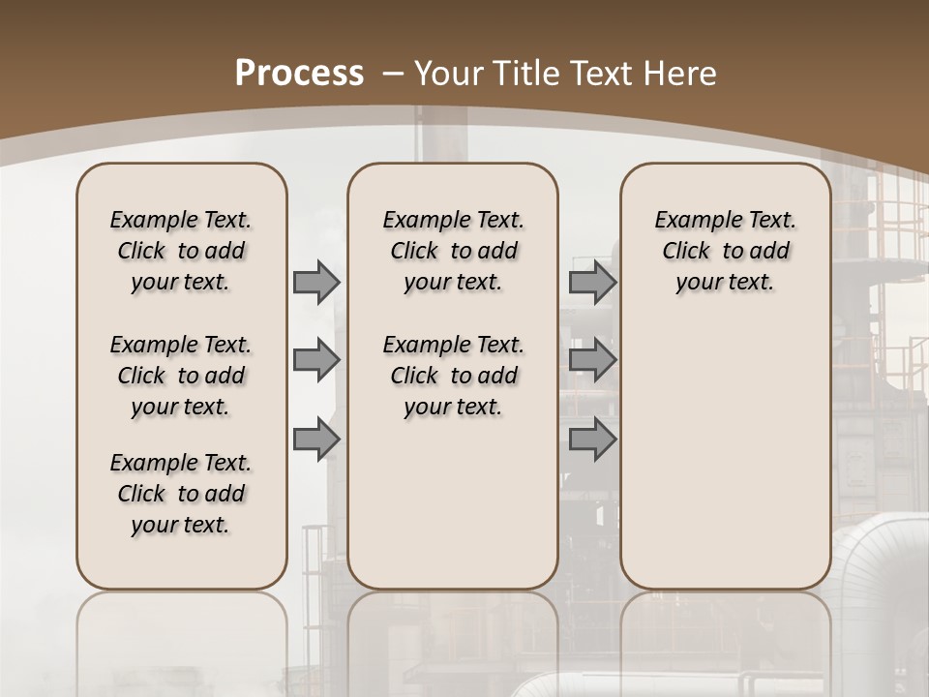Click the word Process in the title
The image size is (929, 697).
click(299, 73)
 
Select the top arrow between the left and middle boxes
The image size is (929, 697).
click(315, 282)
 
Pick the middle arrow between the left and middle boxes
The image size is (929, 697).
click(315, 360)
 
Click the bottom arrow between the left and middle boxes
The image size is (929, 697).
click(315, 439)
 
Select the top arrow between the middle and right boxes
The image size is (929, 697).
click(592, 282)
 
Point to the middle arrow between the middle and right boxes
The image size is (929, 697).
click(592, 360)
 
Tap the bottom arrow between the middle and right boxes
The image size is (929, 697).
click(592, 439)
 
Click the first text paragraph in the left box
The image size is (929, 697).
click(181, 251)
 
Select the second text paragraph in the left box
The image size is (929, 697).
click(181, 376)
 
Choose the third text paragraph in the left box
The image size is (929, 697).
click(181, 494)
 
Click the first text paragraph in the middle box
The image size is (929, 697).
click(453, 251)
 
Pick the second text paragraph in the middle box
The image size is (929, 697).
click(453, 376)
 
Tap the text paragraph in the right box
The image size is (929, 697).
click(725, 251)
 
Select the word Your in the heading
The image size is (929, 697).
click(449, 73)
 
